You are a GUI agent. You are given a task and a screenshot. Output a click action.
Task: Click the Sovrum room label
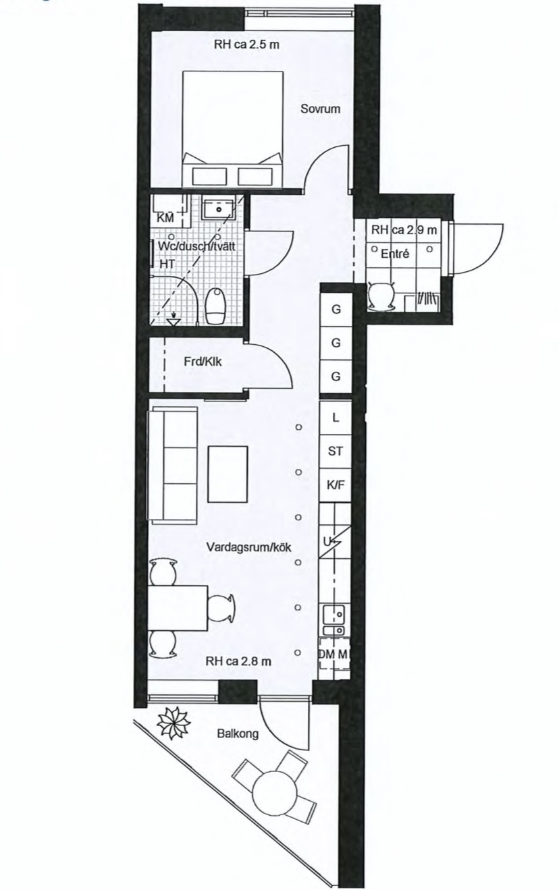(x=320, y=109)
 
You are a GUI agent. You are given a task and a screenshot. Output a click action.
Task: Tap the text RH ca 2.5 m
(x=246, y=44)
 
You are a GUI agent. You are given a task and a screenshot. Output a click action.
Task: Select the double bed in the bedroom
(x=233, y=129)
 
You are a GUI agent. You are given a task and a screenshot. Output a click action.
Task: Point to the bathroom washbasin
(x=218, y=208)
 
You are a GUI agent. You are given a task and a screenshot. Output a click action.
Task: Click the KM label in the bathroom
(x=165, y=218)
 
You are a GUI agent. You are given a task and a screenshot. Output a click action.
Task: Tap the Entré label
(x=394, y=254)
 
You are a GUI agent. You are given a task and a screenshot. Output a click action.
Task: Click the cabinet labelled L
(x=336, y=418)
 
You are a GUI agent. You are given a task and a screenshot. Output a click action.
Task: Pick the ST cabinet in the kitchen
(x=336, y=451)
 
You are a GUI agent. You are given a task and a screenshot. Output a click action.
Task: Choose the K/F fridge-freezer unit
(x=336, y=484)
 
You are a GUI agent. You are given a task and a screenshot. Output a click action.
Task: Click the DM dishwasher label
(x=327, y=654)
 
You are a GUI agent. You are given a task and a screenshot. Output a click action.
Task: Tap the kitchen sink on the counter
(x=334, y=620)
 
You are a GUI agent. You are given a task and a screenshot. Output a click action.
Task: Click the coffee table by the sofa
(x=228, y=474)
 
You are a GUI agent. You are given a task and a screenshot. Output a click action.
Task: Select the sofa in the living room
(x=172, y=464)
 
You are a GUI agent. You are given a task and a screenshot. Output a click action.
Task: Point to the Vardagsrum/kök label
(x=249, y=547)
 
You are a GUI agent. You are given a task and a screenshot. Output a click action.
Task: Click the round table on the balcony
(x=275, y=790)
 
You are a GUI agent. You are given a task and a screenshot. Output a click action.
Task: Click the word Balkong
(x=238, y=733)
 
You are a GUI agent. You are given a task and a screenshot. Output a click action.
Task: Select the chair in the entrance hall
(x=381, y=296)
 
